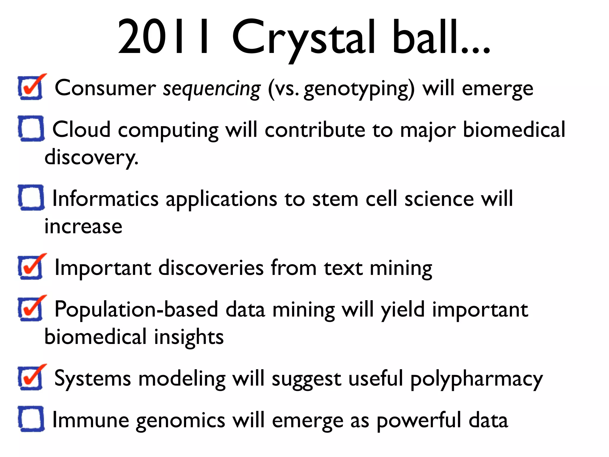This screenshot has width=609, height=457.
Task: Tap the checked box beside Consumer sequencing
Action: point(31,88)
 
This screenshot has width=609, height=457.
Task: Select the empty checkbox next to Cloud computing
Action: point(31,129)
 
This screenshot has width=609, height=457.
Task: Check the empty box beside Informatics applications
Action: point(31,198)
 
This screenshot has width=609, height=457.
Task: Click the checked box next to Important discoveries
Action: point(31,267)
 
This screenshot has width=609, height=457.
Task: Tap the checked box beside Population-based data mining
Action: point(31,309)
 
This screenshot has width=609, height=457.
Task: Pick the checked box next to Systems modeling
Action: point(31,378)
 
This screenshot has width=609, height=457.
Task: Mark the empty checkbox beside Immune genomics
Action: point(31,419)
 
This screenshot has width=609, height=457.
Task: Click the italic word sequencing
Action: point(212,89)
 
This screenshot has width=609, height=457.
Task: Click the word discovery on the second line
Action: point(91,157)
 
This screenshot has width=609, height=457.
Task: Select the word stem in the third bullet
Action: point(335,199)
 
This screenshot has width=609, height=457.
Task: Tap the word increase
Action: point(83,226)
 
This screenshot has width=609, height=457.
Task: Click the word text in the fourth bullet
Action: point(343,268)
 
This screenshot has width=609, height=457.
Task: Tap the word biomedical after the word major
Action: point(514,130)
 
